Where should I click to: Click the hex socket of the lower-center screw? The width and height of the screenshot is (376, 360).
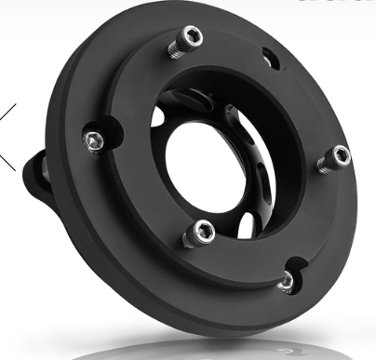click(x=200, y=229)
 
